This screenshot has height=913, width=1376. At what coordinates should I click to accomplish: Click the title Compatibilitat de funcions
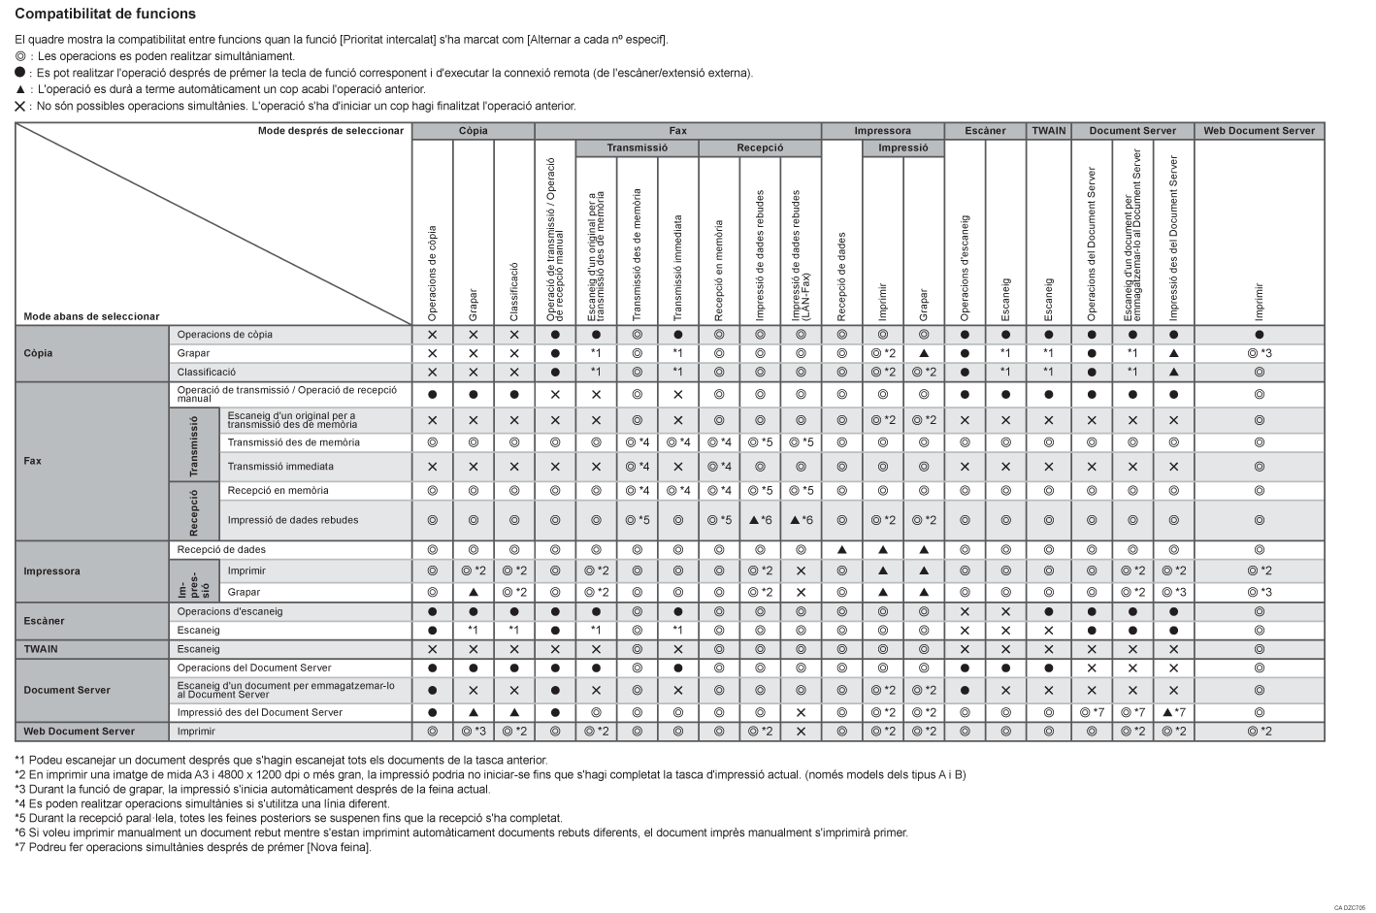tap(105, 15)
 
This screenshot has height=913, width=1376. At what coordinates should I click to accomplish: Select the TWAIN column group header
tap(1048, 131)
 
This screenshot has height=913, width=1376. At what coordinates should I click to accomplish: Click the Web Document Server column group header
tap(1259, 131)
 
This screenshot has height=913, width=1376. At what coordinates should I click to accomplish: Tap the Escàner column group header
tap(985, 131)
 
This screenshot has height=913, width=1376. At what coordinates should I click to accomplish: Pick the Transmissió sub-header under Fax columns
tap(637, 148)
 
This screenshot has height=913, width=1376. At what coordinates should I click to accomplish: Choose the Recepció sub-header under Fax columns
tap(760, 148)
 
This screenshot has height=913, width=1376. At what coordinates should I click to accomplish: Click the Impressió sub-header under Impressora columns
tap(902, 148)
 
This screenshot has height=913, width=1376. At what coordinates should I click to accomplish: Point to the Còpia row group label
tap(39, 353)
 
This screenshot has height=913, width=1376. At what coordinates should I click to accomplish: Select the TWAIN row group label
tap(40, 649)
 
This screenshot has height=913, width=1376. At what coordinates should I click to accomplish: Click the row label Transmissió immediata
tap(279, 467)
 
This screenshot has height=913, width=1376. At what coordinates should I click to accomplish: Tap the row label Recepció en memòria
tap(278, 491)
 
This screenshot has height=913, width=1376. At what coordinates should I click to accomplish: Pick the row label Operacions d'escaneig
tap(229, 612)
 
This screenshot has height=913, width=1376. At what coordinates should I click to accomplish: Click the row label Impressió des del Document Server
tap(259, 712)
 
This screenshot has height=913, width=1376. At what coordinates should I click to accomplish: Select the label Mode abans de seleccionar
tap(91, 316)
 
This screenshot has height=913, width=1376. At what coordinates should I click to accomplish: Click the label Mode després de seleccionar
tap(330, 131)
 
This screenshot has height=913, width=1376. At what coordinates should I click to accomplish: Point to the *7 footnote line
tap(192, 847)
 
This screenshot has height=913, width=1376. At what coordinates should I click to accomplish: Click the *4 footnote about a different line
tap(202, 803)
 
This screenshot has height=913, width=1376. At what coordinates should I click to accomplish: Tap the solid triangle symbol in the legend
tap(19, 89)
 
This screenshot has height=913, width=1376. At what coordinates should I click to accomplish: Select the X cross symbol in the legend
tap(19, 106)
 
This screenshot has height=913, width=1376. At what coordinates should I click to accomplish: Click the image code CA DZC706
tap(1349, 907)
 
